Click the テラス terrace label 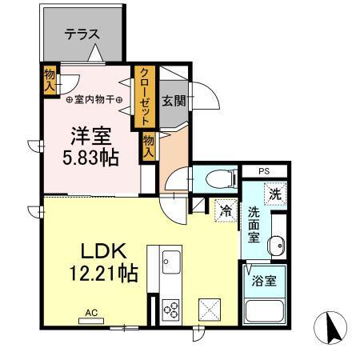tap(82, 34)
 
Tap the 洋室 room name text tap(90, 134)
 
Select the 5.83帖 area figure tap(90, 157)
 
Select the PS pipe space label tap(263, 170)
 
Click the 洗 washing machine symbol tap(275, 193)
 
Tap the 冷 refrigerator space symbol tap(227, 210)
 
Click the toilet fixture tap(216, 178)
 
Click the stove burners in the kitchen tap(172, 308)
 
